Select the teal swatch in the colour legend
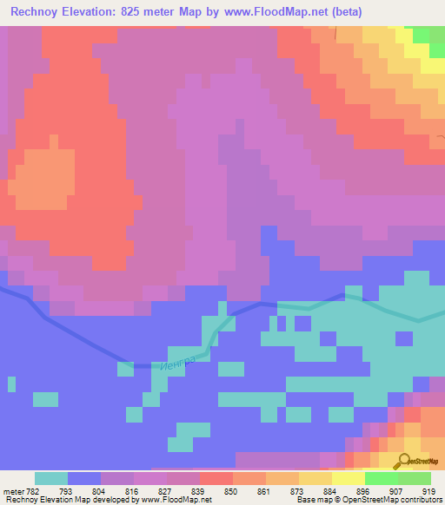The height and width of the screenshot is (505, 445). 50,478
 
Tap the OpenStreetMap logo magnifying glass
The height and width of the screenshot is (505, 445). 404,463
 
